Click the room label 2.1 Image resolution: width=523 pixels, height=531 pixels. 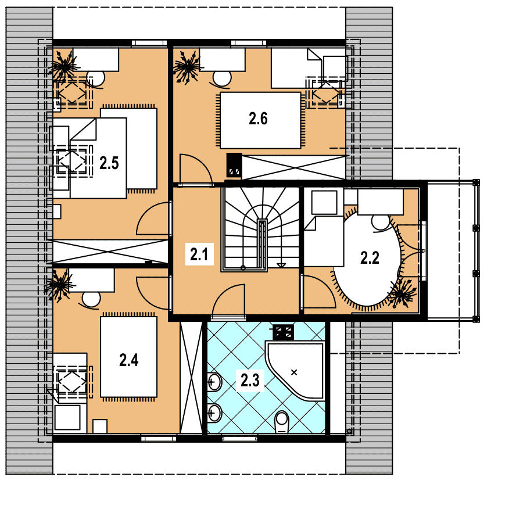(x=199, y=254)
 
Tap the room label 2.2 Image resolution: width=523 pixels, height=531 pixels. (x=370, y=258)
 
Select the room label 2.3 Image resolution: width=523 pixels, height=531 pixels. (x=250, y=381)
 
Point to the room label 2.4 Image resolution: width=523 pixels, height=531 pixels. (x=129, y=360)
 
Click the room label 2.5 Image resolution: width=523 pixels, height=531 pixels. (x=109, y=163)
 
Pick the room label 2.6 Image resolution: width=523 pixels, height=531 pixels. (x=258, y=119)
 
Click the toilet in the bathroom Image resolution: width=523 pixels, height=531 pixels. (x=282, y=422)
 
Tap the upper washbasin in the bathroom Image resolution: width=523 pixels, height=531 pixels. (x=214, y=382)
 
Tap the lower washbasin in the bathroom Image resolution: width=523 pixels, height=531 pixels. (x=214, y=413)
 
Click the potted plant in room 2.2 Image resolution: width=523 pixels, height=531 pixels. (x=402, y=293)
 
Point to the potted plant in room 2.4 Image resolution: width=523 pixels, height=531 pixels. (x=58, y=285)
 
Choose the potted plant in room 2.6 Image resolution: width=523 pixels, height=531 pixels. (x=187, y=67)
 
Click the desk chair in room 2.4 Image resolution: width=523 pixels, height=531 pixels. (x=91, y=300)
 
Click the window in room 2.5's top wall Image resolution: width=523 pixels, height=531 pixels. (x=149, y=42)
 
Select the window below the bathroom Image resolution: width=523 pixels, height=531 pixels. (x=240, y=439)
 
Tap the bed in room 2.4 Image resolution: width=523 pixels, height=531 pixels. (x=129, y=357)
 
